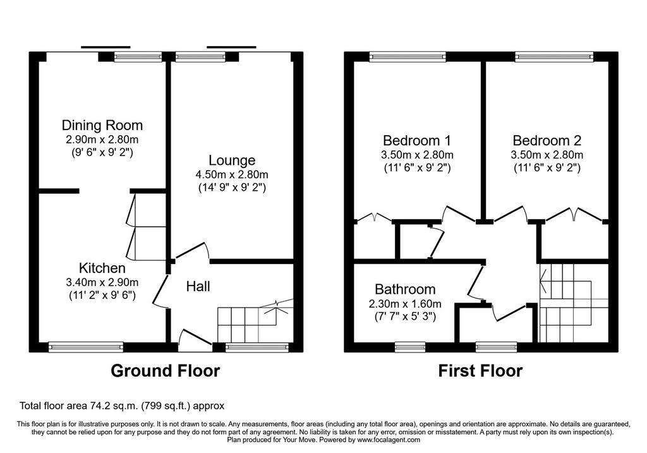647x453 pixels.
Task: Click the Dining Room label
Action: [102, 125]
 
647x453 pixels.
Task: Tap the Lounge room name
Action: [231, 160]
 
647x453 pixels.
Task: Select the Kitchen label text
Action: [102, 268]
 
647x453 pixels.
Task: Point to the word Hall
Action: [198, 286]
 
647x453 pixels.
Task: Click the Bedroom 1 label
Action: [417, 141]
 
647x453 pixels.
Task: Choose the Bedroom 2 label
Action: [547, 141]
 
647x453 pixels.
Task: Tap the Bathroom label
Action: [405, 289]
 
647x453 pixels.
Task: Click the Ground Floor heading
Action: [165, 371]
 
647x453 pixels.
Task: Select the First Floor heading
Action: [480, 371]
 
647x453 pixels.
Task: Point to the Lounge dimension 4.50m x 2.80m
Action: [231, 174]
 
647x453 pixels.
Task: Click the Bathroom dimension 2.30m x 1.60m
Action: [405, 304]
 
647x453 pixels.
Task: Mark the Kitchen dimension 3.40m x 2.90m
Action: [102, 282]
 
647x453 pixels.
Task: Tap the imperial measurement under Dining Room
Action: [102, 152]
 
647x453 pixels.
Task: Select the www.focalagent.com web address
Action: [389, 440]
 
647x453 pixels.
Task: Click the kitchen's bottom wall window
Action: [86, 347]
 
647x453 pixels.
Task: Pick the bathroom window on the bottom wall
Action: [410, 347]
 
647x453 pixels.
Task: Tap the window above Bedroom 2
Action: [553, 57]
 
